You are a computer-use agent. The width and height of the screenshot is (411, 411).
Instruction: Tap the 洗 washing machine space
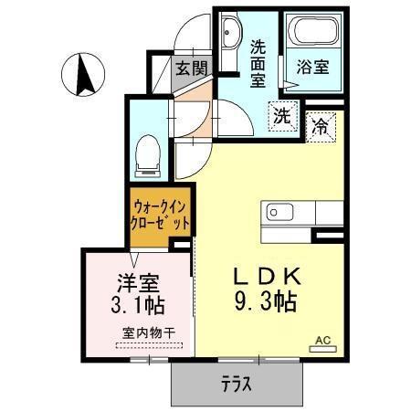click(x=283, y=115)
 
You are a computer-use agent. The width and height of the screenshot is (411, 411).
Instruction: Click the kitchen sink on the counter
click(x=277, y=212)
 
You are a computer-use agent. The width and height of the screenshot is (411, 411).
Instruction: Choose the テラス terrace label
click(x=237, y=384)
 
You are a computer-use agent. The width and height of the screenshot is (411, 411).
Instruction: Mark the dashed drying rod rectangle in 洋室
click(x=148, y=344)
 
